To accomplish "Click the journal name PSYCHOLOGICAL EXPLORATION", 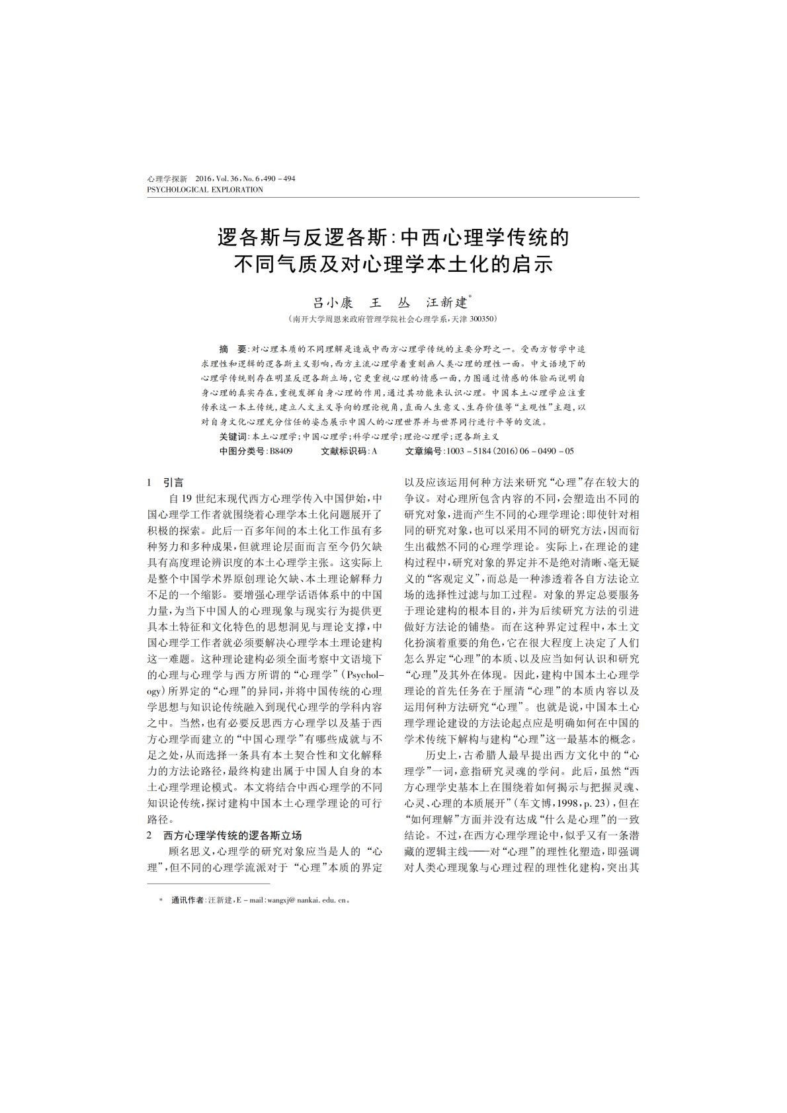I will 204,190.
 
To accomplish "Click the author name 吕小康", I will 331,303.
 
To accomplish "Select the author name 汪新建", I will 446,303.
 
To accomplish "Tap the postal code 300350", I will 481,319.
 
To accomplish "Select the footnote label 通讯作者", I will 188,900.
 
